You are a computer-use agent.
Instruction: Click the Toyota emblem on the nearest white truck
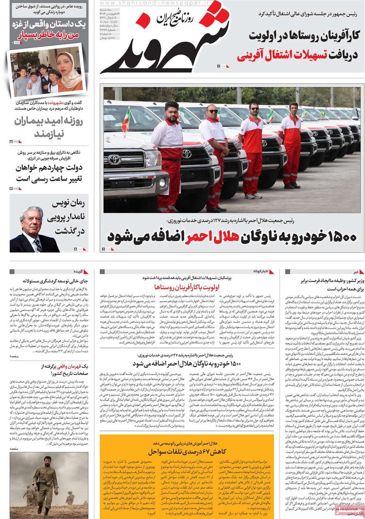pos(114,159)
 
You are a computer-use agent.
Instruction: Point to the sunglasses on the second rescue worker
pos(212,111)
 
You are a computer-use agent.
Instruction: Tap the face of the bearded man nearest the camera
pos(171,111)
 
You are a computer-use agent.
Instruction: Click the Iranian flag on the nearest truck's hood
pos(126,120)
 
